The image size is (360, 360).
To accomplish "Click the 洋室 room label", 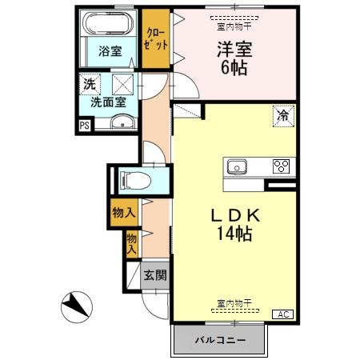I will [x=232, y=47].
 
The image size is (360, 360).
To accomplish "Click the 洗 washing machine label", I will [x=90, y=83].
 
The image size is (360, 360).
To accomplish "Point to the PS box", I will [x=84, y=124].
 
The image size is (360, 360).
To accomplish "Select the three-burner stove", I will [x=282, y=166].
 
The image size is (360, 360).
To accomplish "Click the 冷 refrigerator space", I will [x=282, y=114].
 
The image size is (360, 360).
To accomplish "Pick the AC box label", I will [x=284, y=314].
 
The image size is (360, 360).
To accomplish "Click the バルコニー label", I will [x=219, y=342].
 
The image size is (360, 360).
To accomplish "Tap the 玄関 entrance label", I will [x=154, y=275].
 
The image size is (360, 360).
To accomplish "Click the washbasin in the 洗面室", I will [x=122, y=122].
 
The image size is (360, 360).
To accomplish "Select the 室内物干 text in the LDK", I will [x=234, y=303].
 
